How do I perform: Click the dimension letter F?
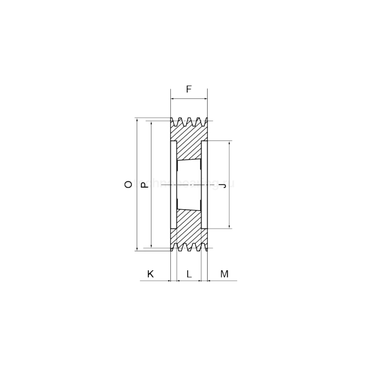pyautogui.click(x=189, y=89)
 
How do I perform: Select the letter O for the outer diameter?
pyautogui.click(x=128, y=184)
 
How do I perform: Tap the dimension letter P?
pyautogui.click(x=146, y=184)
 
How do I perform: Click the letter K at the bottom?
pyautogui.click(x=150, y=274)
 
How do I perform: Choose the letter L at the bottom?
pyautogui.click(x=189, y=274)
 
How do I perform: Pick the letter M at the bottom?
pyautogui.click(x=224, y=274)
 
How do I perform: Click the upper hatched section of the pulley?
pyautogui.click(x=189, y=142)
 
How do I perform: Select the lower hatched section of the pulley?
pyautogui.click(x=189, y=226)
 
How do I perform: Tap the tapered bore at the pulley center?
pyautogui.click(x=189, y=184)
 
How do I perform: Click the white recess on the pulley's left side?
pyautogui.click(x=173, y=184)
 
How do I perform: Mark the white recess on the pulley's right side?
pyautogui.click(x=205, y=184)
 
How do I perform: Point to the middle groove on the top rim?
pyautogui.click(x=189, y=122)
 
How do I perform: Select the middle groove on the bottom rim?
pyautogui.click(x=189, y=247)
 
